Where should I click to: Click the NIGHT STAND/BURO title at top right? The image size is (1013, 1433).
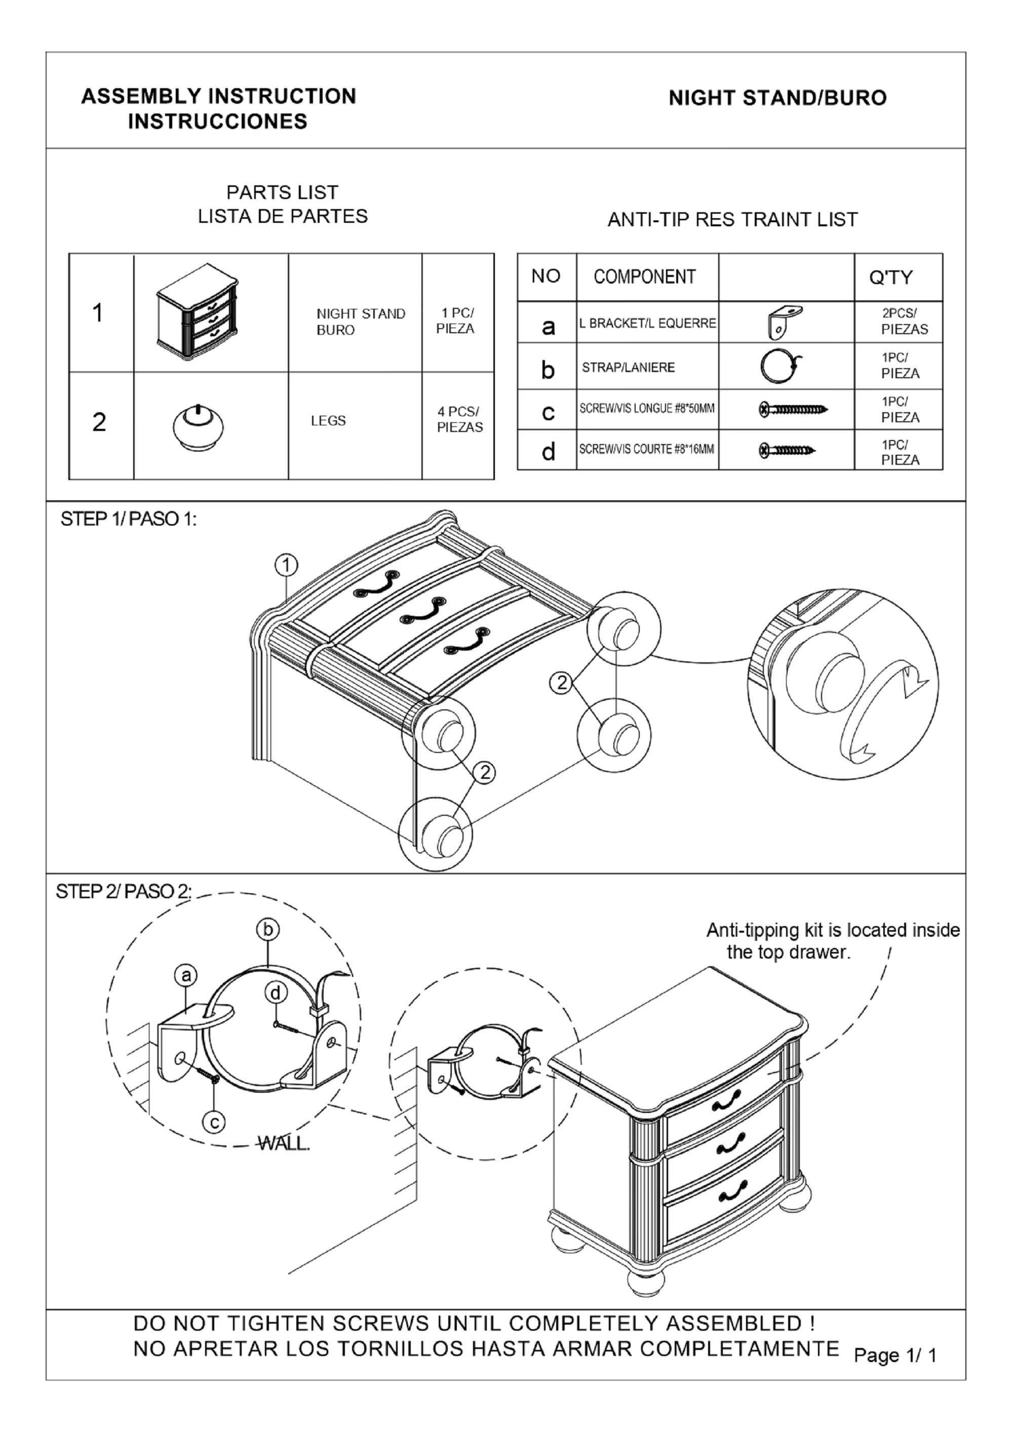click(777, 98)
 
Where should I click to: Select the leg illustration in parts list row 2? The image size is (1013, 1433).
click(197, 427)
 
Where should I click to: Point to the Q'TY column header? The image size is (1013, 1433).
click(890, 277)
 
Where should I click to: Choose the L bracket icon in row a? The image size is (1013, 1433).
click(785, 322)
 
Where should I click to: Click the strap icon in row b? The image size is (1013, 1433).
click(780, 367)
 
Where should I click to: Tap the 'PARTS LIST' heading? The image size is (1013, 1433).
click(282, 192)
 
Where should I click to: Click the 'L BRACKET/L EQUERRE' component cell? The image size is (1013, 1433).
click(647, 323)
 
